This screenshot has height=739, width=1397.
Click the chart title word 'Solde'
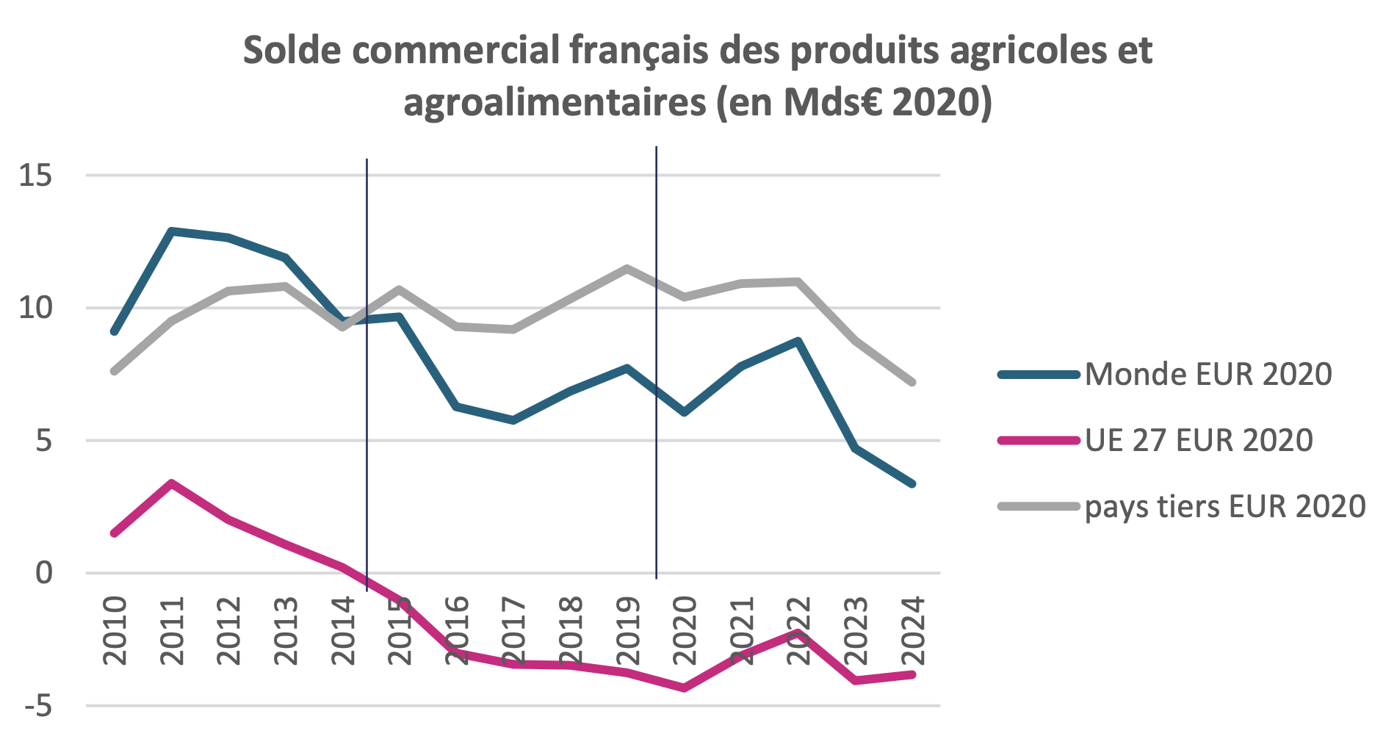pyautogui.click(x=291, y=51)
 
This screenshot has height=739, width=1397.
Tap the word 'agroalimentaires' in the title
pyautogui.click(x=555, y=102)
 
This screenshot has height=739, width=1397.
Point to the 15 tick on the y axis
pyautogui.click(x=36, y=176)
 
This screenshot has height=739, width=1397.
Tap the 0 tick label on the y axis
pyautogui.click(x=44, y=573)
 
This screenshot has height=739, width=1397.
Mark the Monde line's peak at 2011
pyautogui.click(x=171, y=231)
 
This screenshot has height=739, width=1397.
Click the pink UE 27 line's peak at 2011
pyautogui.click(x=171, y=483)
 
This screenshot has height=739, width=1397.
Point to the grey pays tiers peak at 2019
pyautogui.click(x=627, y=268)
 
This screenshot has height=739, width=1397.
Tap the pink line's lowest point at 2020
pyautogui.click(x=685, y=688)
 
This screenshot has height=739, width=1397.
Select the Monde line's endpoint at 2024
pyautogui.click(x=913, y=484)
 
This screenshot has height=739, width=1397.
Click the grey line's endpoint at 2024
pyautogui.click(x=913, y=383)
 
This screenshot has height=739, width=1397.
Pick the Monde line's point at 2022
pyautogui.click(x=798, y=341)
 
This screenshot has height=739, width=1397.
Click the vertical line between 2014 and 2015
pyautogui.click(x=367, y=367)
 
